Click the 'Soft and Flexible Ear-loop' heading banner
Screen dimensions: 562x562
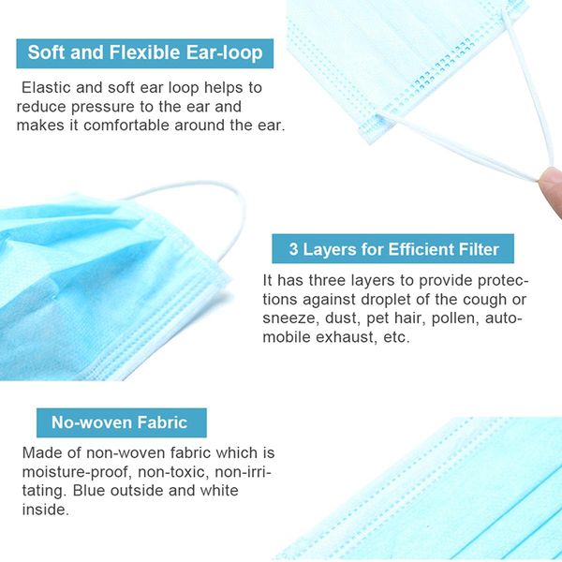click(145, 52)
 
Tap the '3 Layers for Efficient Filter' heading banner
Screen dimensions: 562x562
click(392, 249)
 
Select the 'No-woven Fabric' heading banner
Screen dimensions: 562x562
click(120, 422)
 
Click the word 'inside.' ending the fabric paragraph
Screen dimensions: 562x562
click(45, 510)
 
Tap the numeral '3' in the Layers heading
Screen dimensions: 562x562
click(293, 249)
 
